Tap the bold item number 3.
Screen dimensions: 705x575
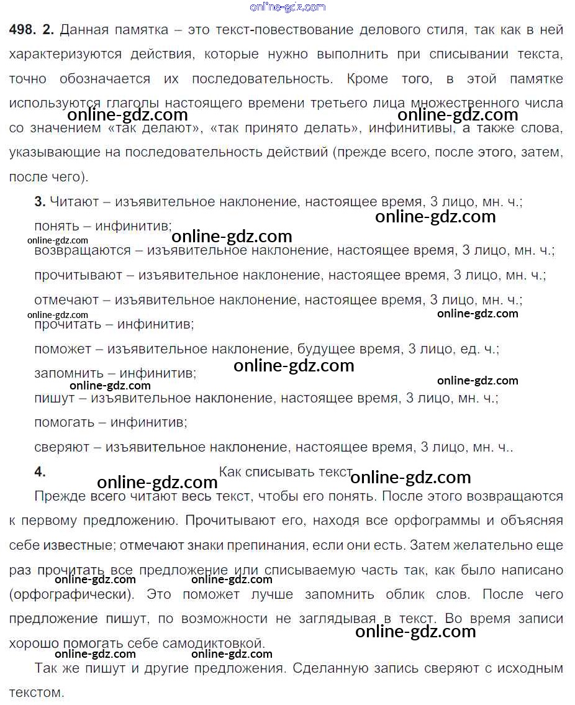(40, 201)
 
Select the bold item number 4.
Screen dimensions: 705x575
(40, 471)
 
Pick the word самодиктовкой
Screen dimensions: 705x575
(214, 643)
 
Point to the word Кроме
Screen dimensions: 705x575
(368, 79)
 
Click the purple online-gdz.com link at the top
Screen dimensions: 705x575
(287, 7)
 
